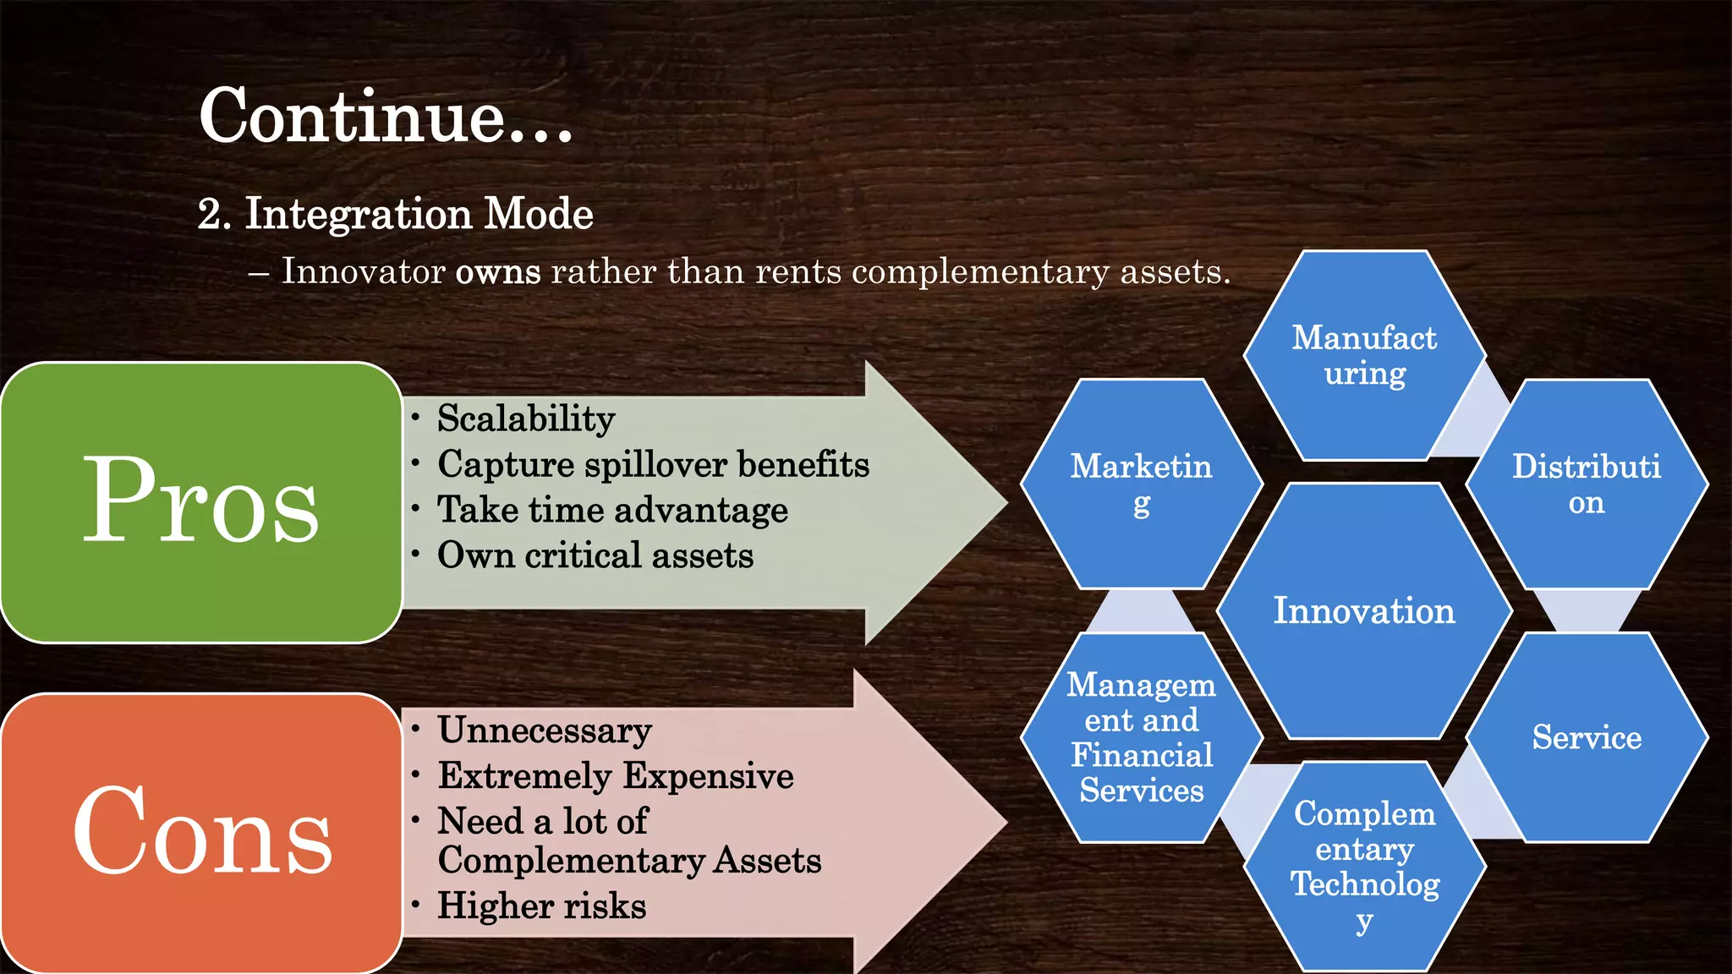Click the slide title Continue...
pos(386,116)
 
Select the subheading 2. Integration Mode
pos(395,213)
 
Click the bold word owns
pos(497,272)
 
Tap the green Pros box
pos(201,502)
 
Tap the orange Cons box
pos(201,832)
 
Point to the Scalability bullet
pos(525,419)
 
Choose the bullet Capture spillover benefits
pos(653,464)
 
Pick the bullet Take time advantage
pos(612,510)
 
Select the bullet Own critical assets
pos(595,555)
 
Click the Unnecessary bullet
pos(545,730)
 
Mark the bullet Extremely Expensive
pos(616,776)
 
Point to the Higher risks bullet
pos(541,906)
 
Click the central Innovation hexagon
pos(1364,610)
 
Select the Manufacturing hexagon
pos(1364,355)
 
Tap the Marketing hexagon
pos(1141,484)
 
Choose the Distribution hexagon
pos(1587,484)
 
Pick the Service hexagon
pos(1587,737)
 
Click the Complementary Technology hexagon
pos(1364,866)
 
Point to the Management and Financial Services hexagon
pos(1141,737)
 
